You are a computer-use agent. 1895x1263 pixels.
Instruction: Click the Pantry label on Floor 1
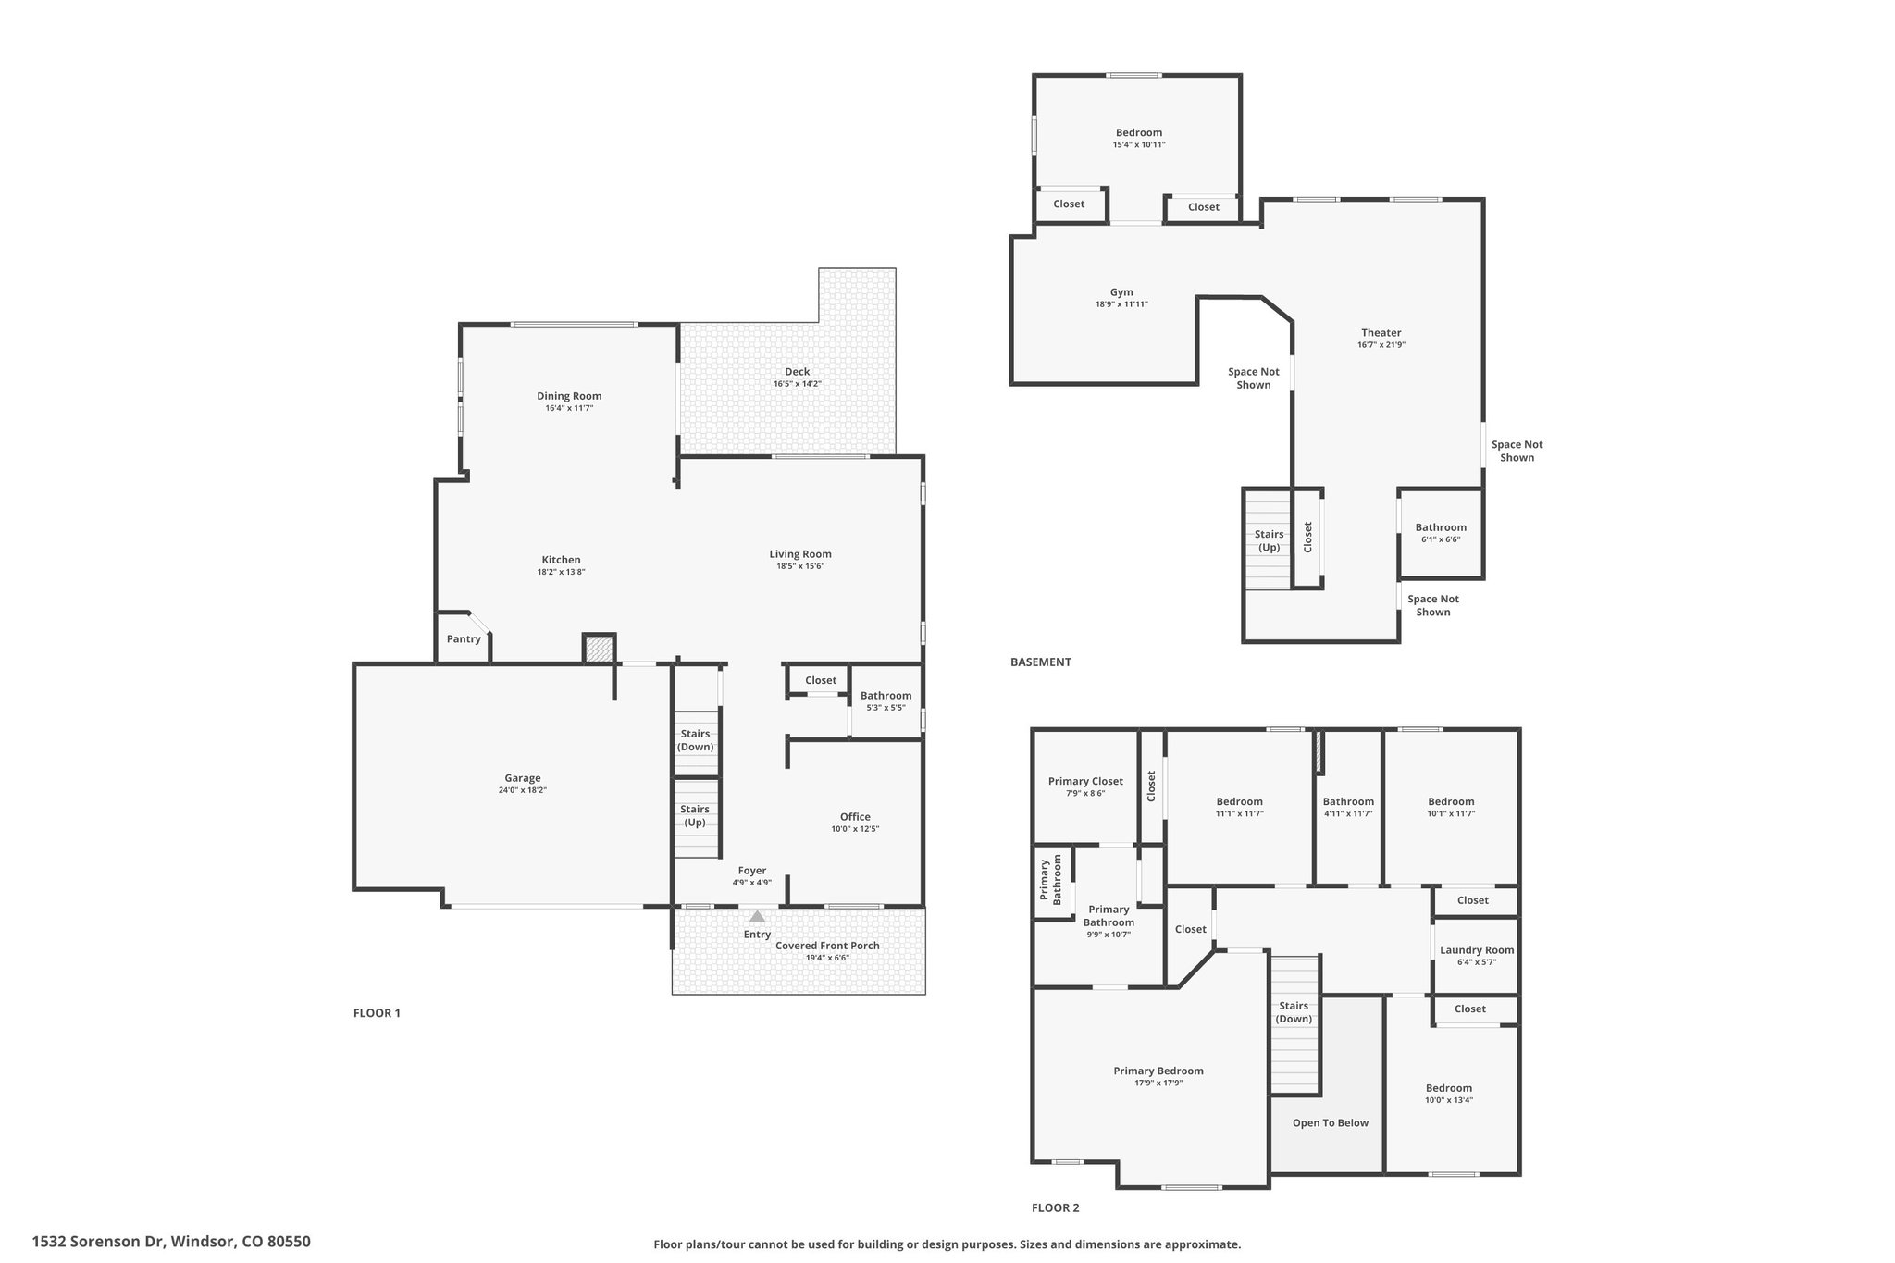(x=464, y=638)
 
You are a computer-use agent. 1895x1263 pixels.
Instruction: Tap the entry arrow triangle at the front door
(x=757, y=917)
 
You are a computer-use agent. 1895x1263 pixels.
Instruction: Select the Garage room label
(x=523, y=778)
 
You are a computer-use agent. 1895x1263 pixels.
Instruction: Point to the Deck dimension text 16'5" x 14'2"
(x=798, y=384)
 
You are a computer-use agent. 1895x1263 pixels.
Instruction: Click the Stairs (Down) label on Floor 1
(x=695, y=740)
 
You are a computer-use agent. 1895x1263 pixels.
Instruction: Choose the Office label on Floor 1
(x=855, y=817)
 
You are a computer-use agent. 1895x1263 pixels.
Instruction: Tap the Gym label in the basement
(x=1121, y=292)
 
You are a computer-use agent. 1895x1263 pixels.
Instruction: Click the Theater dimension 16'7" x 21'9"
(x=1381, y=345)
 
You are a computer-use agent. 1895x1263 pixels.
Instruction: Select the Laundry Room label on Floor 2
(x=1477, y=950)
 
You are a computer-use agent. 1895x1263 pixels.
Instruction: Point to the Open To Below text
(x=1331, y=1123)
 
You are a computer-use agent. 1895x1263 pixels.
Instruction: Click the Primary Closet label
(x=1085, y=782)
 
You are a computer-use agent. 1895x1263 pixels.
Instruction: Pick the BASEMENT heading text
(x=1041, y=662)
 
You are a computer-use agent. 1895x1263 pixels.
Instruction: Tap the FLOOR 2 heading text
(x=1056, y=1207)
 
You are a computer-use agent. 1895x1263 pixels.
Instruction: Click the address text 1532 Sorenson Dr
(x=98, y=1242)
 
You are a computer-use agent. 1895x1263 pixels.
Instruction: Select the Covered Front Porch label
(x=827, y=946)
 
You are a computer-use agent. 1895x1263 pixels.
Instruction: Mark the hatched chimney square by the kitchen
(x=599, y=649)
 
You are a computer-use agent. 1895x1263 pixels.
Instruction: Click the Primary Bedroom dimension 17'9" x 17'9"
(x=1158, y=1083)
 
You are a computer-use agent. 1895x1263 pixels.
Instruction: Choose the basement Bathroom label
(x=1441, y=527)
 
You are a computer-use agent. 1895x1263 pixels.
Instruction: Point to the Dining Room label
(x=569, y=396)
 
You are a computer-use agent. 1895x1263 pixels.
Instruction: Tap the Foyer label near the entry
(x=752, y=871)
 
